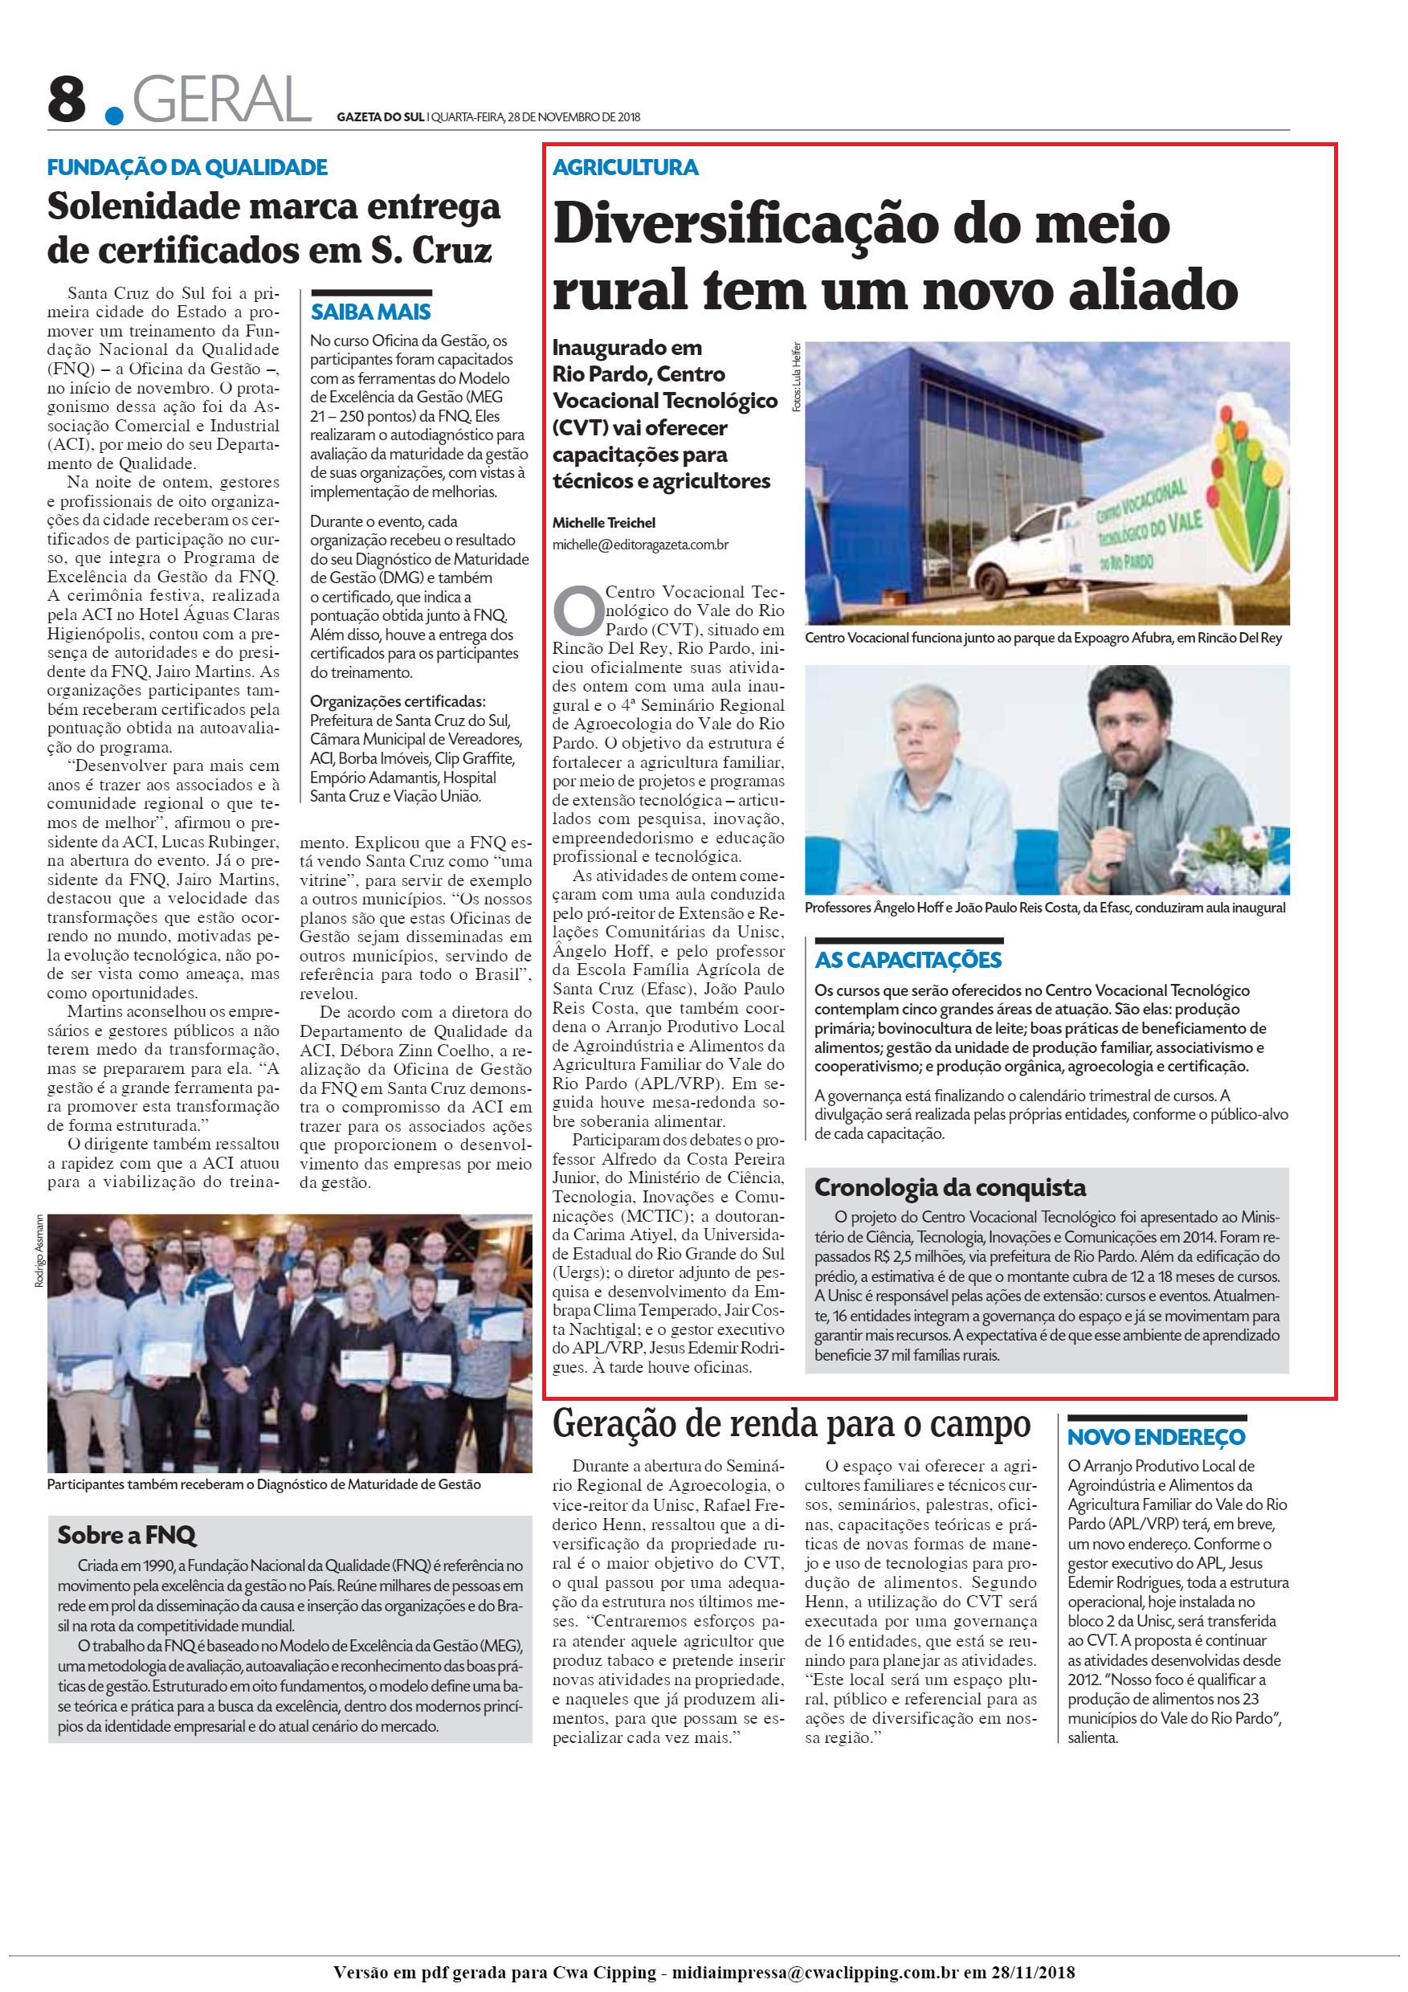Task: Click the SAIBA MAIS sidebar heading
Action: tap(370, 312)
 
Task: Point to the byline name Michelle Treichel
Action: tap(604, 522)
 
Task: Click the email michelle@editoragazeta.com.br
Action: tap(640, 545)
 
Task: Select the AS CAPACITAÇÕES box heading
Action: tap(908, 961)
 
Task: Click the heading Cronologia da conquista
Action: tap(950, 1187)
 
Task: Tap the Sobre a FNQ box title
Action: tap(127, 1535)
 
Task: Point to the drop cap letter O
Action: tap(576, 610)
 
